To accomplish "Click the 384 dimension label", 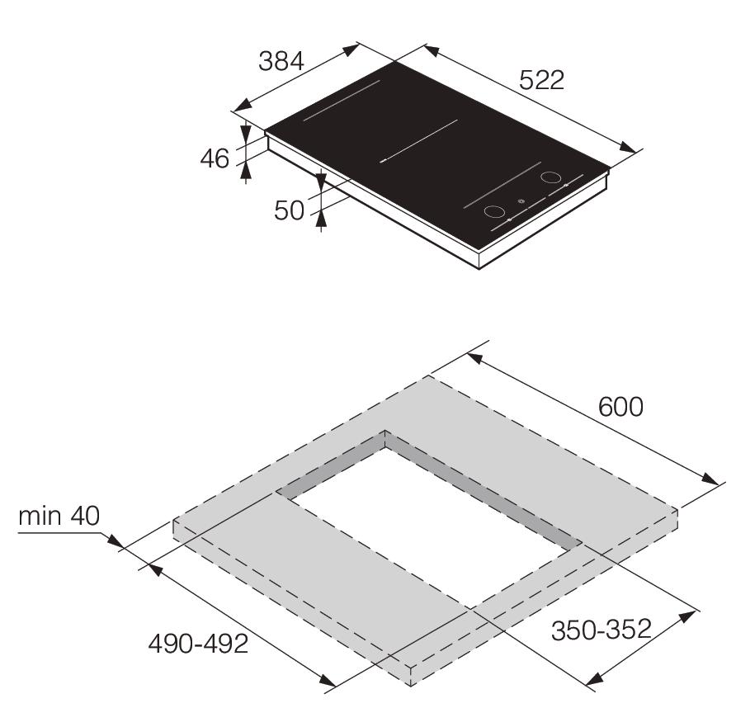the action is (x=281, y=61).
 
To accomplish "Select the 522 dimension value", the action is (x=541, y=80).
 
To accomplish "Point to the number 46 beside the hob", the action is (x=215, y=158).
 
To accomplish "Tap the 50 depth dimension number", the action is (x=289, y=210).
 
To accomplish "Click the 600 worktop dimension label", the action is (x=620, y=407).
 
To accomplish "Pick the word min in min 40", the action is (x=40, y=516).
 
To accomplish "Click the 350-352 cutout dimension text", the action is (x=602, y=630).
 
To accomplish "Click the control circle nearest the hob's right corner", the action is (x=550, y=177).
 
